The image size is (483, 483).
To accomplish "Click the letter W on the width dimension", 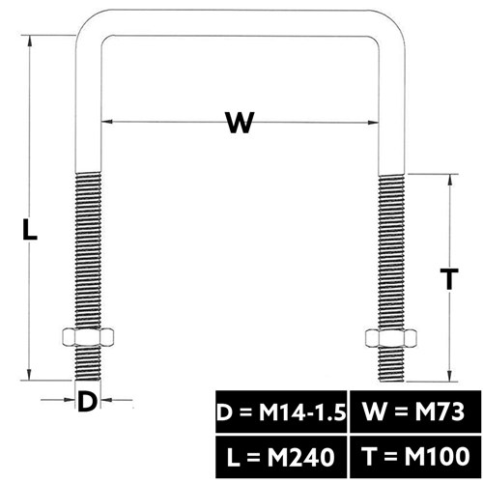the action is coord(240,122).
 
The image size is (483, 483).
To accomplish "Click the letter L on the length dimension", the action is coord(30,229).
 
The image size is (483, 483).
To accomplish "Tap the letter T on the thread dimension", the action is coord(449,279).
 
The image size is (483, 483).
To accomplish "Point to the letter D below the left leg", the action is coord(87,401).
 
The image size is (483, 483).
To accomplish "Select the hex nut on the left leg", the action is coord(88,337).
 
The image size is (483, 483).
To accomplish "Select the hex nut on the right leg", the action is coord(391,338).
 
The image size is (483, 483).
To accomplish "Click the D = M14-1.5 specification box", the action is coord(281,412).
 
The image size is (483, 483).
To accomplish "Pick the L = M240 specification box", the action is coord(281,457).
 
